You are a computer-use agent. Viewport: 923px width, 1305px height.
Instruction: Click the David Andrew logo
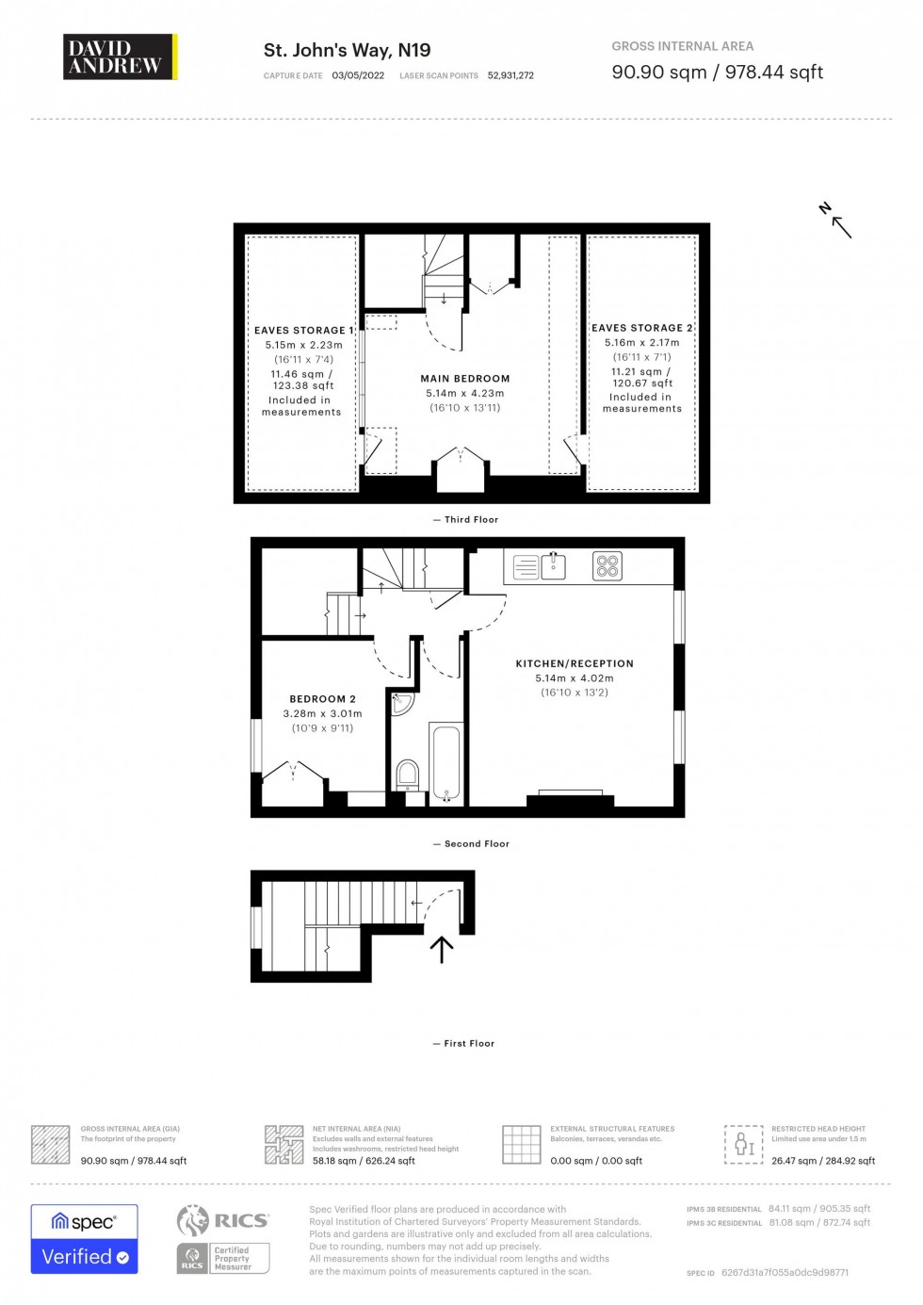click(x=120, y=57)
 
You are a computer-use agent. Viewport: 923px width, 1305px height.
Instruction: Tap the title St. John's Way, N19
click(x=347, y=50)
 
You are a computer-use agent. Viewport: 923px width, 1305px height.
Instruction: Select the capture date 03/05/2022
click(x=358, y=75)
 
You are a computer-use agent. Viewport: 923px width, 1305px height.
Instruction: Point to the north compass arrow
click(x=836, y=221)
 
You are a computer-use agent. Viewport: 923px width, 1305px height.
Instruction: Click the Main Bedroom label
click(x=465, y=379)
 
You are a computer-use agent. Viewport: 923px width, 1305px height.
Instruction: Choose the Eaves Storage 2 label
click(x=641, y=328)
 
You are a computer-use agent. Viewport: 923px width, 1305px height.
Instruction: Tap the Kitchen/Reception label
click(x=575, y=663)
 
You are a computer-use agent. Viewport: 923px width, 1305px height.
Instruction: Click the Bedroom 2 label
click(x=322, y=699)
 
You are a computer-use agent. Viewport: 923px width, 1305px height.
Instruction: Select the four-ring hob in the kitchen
click(x=607, y=565)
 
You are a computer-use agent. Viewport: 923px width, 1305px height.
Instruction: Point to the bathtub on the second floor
click(x=446, y=762)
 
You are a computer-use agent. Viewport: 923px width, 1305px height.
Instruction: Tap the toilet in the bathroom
click(x=408, y=775)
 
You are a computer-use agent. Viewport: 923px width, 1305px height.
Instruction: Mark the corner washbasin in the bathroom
click(x=401, y=703)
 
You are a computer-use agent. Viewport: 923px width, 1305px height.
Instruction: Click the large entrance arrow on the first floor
click(x=442, y=949)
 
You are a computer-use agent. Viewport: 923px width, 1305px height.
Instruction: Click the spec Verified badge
click(x=85, y=1239)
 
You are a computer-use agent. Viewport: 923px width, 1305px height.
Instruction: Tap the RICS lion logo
click(x=193, y=1220)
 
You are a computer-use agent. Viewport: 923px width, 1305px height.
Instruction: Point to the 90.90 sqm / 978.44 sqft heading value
click(x=717, y=73)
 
